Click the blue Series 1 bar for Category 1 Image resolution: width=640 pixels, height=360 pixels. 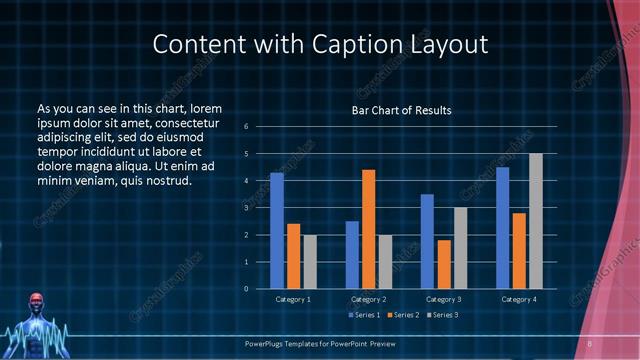click(x=277, y=231)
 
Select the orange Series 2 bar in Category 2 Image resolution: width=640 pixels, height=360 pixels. click(x=368, y=229)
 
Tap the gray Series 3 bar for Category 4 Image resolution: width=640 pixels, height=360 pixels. click(x=535, y=221)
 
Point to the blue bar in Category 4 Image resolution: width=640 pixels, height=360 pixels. click(x=502, y=228)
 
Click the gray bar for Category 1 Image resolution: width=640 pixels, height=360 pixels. click(x=309, y=262)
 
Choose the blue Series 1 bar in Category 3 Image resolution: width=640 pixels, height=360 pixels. click(x=427, y=241)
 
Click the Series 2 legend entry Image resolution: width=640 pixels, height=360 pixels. click(x=402, y=315)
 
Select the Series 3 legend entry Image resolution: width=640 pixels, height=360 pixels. click(x=443, y=315)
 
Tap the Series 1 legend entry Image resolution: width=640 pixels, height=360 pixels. click(x=362, y=315)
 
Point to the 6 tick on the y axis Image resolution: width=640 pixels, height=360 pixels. click(x=246, y=127)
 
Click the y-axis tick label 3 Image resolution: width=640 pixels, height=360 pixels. click(x=246, y=208)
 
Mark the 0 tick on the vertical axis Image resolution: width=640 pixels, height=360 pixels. click(x=246, y=289)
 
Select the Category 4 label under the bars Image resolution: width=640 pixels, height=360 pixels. click(x=518, y=299)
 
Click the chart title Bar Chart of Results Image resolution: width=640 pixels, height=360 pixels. click(x=401, y=109)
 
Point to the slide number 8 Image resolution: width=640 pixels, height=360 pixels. click(x=589, y=344)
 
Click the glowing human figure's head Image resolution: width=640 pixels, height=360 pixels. click(x=37, y=301)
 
